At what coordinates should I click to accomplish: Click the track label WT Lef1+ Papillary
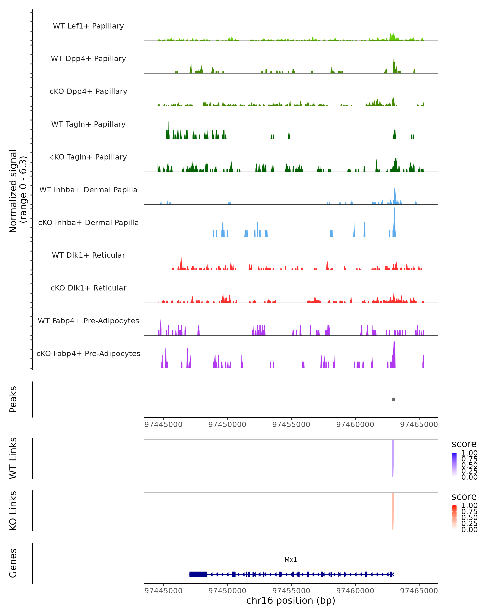click(88, 26)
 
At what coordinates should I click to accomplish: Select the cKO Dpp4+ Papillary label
click(88, 91)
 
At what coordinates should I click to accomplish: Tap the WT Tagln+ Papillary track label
click(88, 124)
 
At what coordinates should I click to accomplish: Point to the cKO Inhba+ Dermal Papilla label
click(88, 222)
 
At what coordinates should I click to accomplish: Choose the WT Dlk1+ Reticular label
click(88, 255)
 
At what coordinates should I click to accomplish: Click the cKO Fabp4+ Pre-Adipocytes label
click(88, 353)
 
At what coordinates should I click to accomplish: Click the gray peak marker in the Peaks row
click(393, 399)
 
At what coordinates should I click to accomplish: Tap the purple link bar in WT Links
click(393, 458)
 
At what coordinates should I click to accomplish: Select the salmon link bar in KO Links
click(393, 511)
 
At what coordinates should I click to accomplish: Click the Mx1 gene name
click(291, 560)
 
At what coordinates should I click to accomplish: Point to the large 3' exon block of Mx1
click(198, 574)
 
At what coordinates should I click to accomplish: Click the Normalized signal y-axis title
click(18, 191)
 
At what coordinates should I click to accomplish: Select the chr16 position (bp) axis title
click(291, 600)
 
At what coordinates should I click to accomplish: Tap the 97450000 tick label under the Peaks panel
click(227, 425)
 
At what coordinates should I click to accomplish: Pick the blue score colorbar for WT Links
click(454, 464)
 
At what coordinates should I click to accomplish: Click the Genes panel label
click(13, 563)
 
